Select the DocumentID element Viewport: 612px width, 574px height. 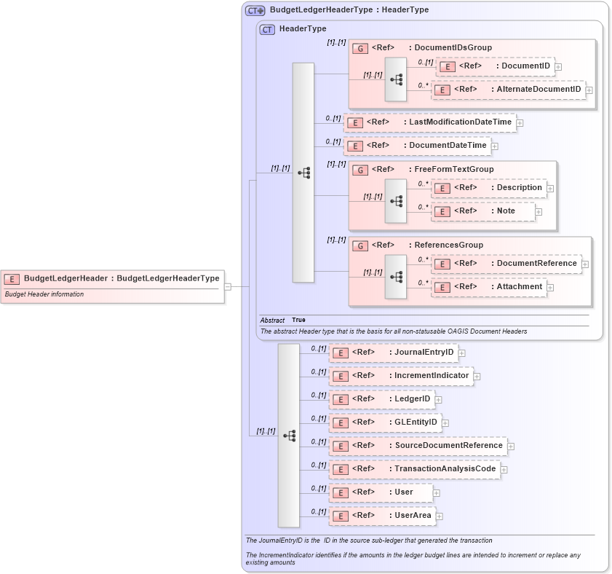495,66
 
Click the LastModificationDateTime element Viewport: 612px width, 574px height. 430,122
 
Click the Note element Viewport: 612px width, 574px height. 483,211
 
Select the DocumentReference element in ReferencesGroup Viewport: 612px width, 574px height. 506,264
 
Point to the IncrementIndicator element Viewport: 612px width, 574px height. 401,376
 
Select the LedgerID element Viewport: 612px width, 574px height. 381,399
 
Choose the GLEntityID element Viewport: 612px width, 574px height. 385,422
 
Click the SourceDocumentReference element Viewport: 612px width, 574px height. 418,446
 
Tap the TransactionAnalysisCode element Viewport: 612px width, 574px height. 415,469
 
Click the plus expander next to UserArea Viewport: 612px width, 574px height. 440,516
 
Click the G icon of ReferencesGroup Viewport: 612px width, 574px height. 359,245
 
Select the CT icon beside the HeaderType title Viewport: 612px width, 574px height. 267,29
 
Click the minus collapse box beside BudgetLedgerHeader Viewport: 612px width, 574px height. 228,286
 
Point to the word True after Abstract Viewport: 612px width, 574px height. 298,320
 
